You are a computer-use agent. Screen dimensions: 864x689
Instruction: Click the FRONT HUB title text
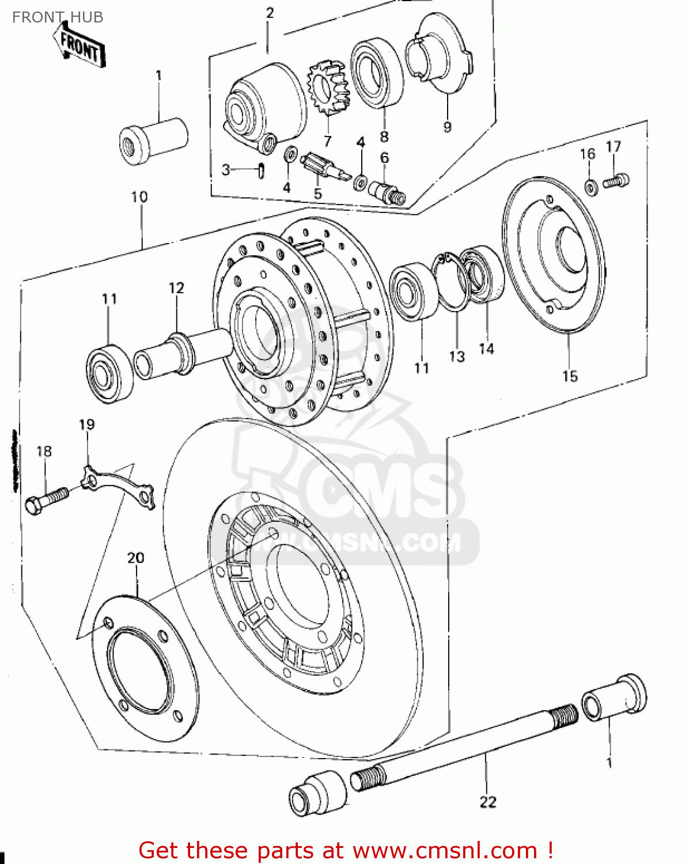(x=58, y=17)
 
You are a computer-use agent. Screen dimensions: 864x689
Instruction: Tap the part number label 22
(x=487, y=802)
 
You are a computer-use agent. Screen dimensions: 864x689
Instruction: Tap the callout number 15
(x=569, y=376)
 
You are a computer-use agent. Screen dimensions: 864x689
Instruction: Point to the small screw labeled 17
(x=616, y=181)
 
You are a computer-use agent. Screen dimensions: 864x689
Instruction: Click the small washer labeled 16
(x=590, y=187)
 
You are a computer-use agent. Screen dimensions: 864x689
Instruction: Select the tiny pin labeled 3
(x=261, y=171)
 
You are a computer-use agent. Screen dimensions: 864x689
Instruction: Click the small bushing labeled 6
(x=387, y=191)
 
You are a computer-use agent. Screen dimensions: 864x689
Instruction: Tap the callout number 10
(x=139, y=197)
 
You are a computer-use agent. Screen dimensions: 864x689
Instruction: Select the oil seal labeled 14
(x=483, y=274)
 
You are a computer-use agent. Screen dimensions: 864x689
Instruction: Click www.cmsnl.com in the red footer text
(x=445, y=850)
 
